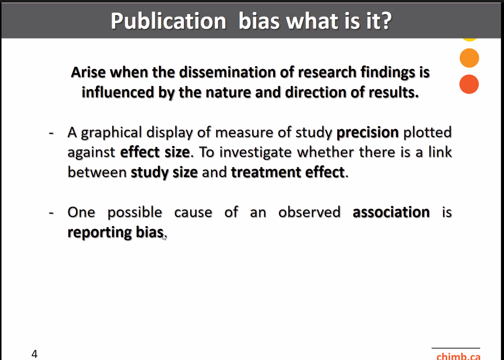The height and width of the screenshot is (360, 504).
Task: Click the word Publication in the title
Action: click(x=168, y=21)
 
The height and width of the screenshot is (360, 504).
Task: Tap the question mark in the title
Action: click(x=387, y=20)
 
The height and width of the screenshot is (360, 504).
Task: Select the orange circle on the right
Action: click(x=469, y=58)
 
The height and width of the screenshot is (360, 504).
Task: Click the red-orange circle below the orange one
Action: click(x=469, y=84)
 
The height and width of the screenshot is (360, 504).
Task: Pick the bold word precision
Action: click(x=367, y=132)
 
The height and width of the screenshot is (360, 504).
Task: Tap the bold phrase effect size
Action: click(x=155, y=152)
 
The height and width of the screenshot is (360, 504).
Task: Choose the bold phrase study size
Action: click(x=164, y=172)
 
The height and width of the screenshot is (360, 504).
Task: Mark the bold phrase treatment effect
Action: click(x=288, y=172)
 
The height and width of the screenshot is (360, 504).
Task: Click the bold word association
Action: click(x=391, y=212)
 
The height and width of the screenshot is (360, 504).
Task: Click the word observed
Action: click(x=309, y=212)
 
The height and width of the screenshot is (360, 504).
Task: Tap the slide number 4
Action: click(x=34, y=354)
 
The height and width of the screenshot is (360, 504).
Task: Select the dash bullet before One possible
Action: click(x=51, y=213)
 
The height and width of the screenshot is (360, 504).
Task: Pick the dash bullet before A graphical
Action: click(x=51, y=133)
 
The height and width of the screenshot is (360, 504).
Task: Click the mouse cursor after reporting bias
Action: click(x=164, y=237)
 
